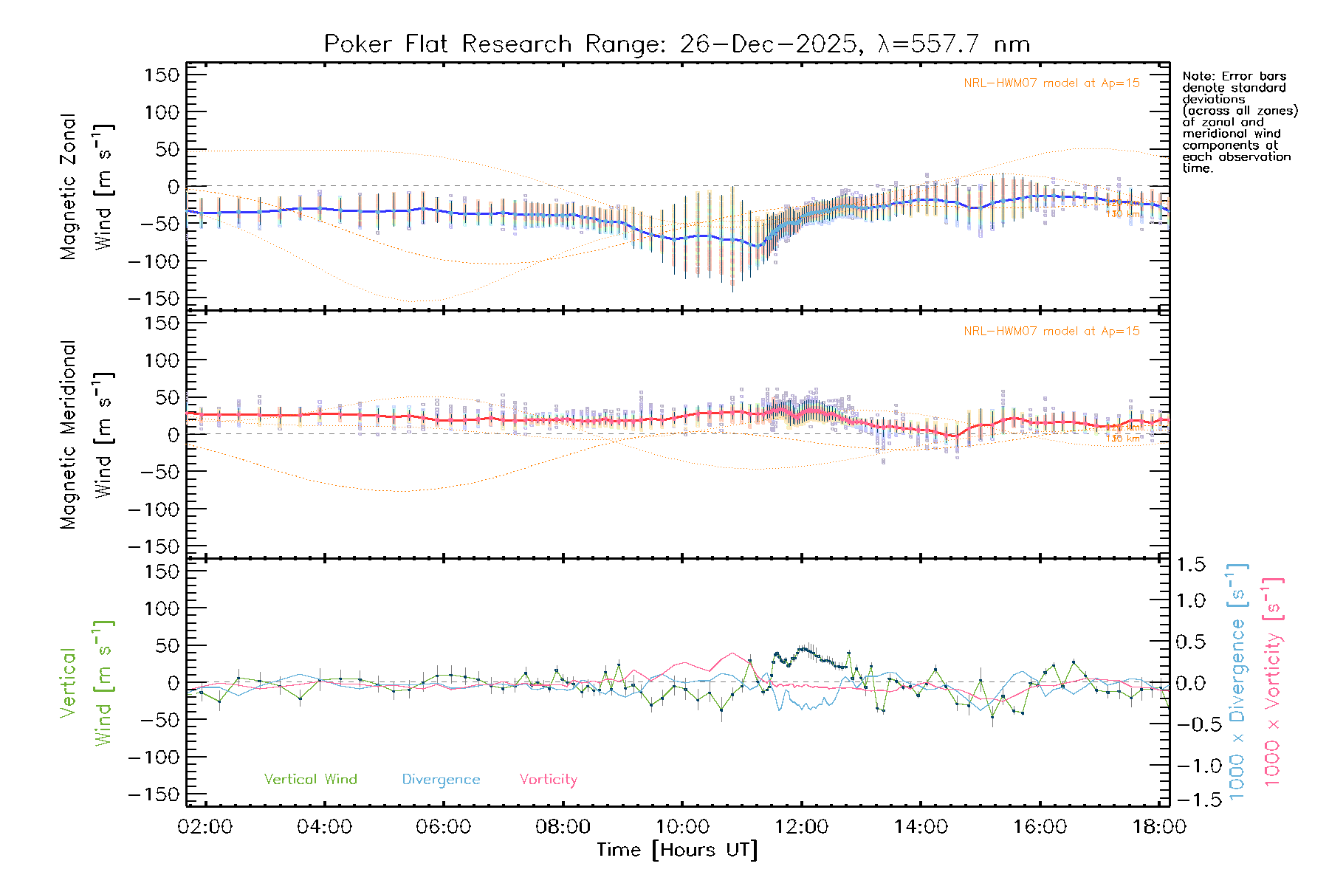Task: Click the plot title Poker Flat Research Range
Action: coord(676,44)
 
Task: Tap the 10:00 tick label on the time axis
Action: coord(682,827)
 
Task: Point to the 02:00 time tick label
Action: coord(205,827)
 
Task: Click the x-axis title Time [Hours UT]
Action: coord(677,850)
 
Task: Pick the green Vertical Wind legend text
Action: coord(310,780)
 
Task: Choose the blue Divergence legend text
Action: coord(441,780)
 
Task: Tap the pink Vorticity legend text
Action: coord(548,780)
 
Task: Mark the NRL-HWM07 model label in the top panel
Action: coord(1051,83)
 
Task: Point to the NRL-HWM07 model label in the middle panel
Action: coord(1051,332)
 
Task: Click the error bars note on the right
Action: coord(1239,122)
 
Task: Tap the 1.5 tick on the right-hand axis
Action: coord(1190,565)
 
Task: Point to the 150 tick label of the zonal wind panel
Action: coord(162,75)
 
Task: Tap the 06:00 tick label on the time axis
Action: coord(444,827)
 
